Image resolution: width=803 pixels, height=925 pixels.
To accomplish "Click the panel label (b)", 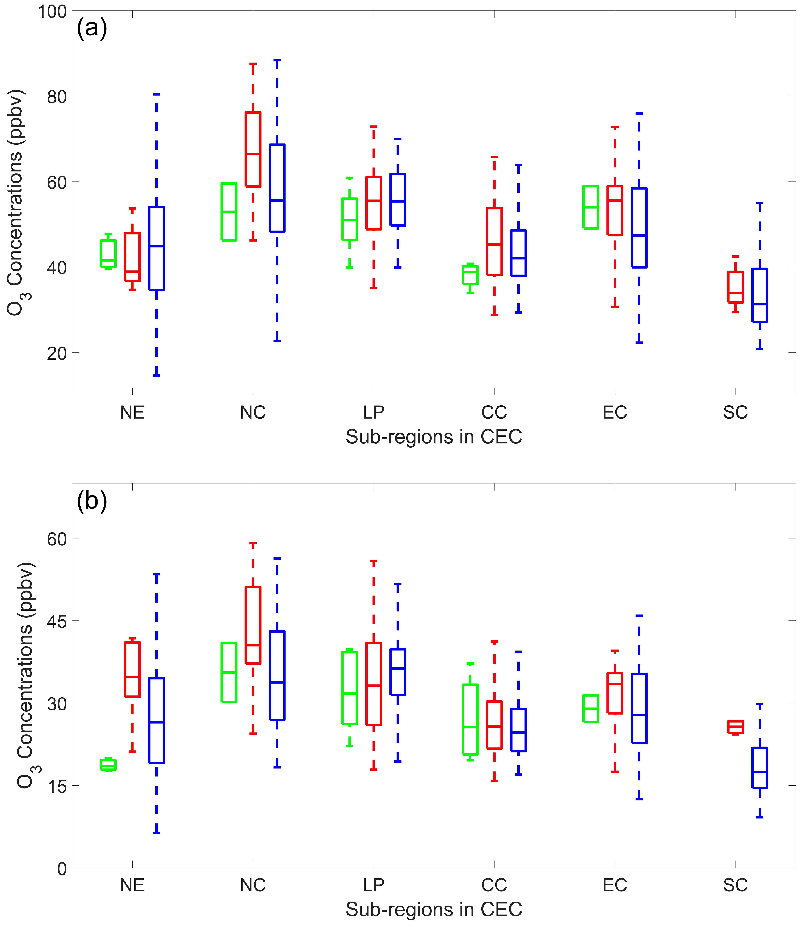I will pos(92,501).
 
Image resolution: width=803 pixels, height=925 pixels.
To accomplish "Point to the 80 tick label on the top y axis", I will pos(57,97).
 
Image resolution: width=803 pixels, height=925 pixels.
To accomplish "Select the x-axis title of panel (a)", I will pos(434,436).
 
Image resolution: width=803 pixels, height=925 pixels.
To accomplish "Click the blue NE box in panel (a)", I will pos(156,248).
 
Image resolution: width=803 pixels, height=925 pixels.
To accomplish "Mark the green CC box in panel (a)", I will pos(470,275).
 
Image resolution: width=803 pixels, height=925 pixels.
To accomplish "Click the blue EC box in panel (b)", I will pos(639,708).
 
